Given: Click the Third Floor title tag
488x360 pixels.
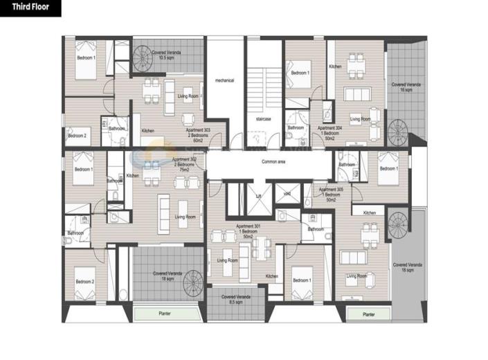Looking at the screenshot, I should point(30,8).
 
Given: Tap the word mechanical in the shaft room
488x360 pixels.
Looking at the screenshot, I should point(224,80).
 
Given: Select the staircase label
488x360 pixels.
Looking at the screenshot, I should point(263,119).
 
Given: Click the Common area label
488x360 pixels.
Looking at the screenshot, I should point(274,162).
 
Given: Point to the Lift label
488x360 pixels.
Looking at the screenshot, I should point(257,197).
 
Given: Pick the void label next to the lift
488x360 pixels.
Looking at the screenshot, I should point(287,194).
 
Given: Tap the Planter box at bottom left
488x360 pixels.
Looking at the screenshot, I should point(165,314).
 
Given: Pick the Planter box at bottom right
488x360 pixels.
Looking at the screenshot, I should point(368,314).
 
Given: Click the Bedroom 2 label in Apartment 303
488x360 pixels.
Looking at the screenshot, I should point(77,136).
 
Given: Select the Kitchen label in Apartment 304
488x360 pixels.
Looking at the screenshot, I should point(335,66).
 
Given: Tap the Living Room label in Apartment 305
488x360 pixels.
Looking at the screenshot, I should point(356,276).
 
